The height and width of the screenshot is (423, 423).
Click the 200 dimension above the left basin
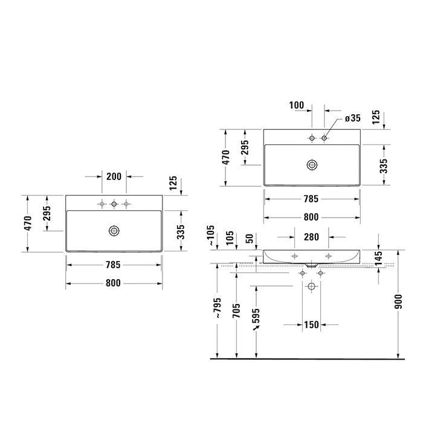point(114,176)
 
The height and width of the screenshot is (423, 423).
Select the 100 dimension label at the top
point(297,105)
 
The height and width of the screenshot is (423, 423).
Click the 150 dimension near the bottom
point(311,325)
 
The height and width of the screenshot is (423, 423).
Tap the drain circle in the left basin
point(114,230)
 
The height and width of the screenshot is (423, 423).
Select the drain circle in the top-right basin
point(312,164)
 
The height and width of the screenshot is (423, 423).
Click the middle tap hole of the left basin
point(114,204)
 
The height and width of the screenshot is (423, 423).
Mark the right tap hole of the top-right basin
point(325,139)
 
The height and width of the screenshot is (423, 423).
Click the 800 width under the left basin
point(114,283)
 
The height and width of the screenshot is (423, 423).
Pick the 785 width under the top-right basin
point(311,198)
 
